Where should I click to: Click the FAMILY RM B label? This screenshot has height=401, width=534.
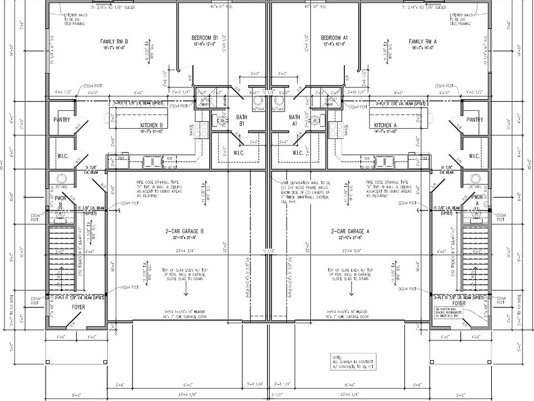(x=114, y=42)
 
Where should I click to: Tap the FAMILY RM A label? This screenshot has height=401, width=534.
(x=423, y=42)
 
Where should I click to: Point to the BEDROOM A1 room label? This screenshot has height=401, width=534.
(x=334, y=38)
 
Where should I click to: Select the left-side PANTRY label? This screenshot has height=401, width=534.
(x=62, y=120)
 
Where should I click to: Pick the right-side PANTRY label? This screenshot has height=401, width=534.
(x=474, y=120)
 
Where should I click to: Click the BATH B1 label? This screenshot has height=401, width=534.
(x=241, y=120)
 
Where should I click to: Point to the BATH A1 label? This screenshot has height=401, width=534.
(x=294, y=120)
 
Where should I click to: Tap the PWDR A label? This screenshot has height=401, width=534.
(x=477, y=200)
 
